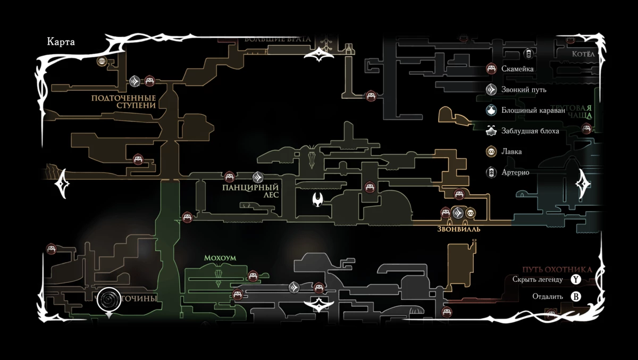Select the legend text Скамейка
pyautogui.click(x=517, y=69)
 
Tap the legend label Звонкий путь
pyautogui.click(x=524, y=89)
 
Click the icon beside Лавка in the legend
pyautogui.click(x=492, y=152)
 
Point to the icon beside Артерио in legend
pyautogui.click(x=492, y=172)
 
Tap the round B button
pyautogui.click(x=576, y=296)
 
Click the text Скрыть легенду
pyautogui.click(x=538, y=279)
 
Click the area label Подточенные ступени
pyautogui.click(x=123, y=102)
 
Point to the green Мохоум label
pyautogui.click(x=220, y=258)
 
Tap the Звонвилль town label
pyautogui.click(x=459, y=229)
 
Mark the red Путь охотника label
pyautogui.click(x=557, y=270)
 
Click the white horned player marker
pyautogui.click(x=318, y=199)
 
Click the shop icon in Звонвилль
pyautogui.click(x=470, y=213)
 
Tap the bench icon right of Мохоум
pyautogui.click(x=253, y=275)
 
